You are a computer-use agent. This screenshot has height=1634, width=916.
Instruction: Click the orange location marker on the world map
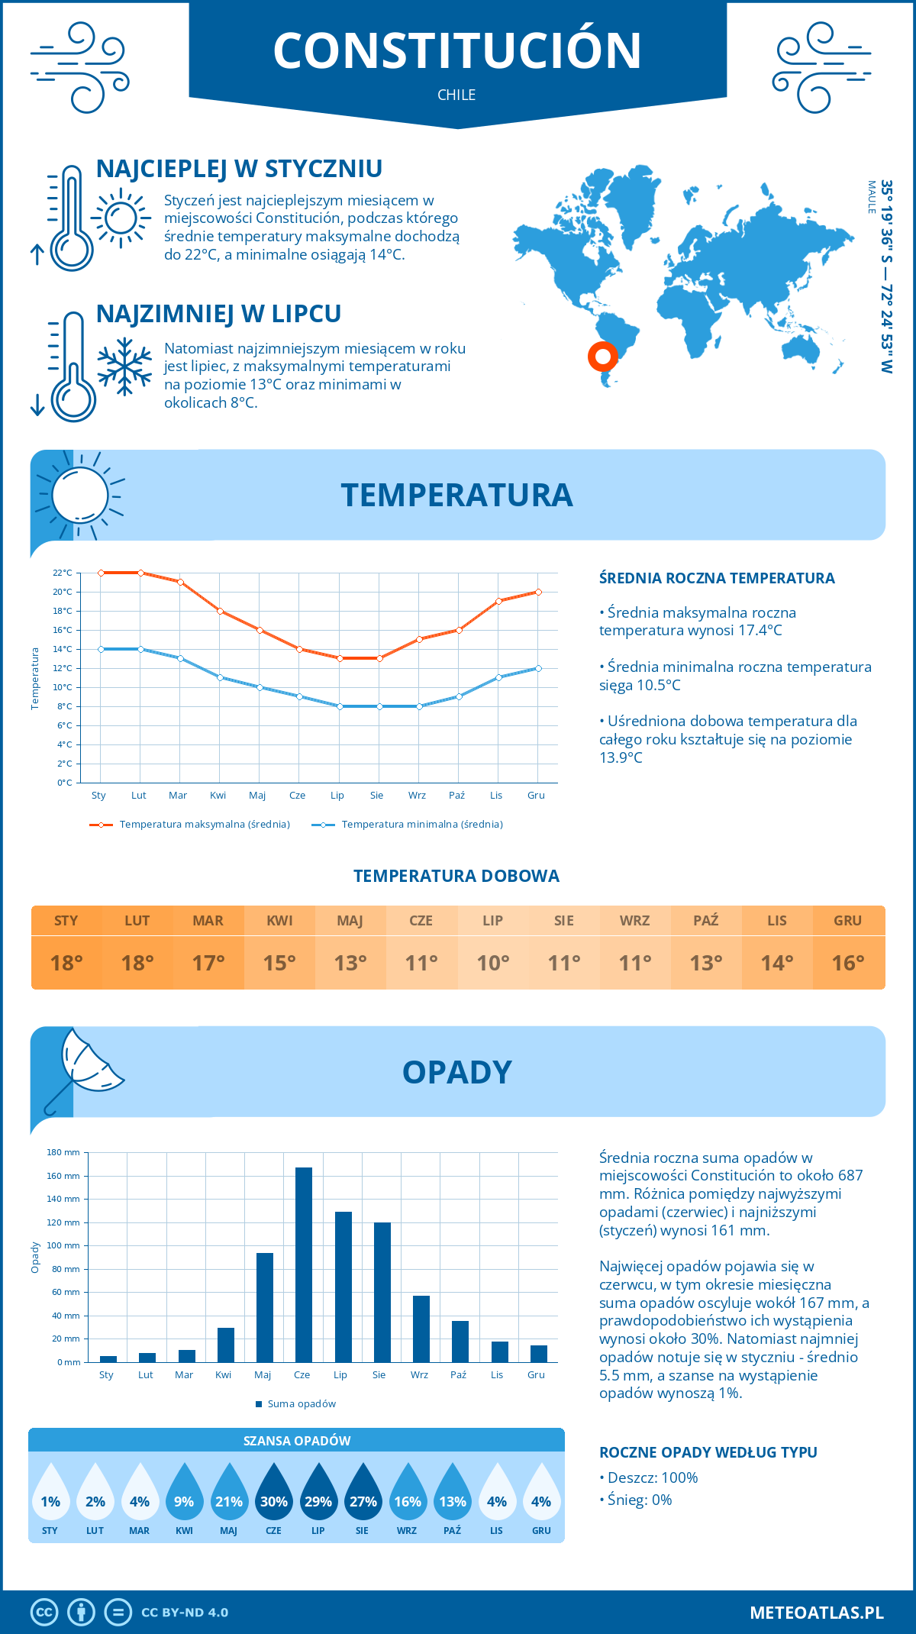tap(602, 356)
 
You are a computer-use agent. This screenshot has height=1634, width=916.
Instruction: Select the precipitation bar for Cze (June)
tap(304, 1264)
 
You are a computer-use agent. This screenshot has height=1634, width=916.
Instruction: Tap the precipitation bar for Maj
tap(264, 1307)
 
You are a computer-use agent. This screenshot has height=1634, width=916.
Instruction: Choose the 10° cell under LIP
tap(492, 963)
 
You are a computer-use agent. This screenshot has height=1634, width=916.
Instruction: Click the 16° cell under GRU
tap(848, 963)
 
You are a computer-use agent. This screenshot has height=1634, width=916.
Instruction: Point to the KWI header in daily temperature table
tap(279, 921)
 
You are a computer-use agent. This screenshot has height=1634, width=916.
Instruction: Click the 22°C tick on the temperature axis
tap(63, 573)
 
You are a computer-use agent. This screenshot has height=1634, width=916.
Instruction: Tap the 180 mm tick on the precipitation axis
tap(64, 1152)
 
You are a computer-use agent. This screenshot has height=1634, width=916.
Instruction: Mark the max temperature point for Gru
tap(538, 592)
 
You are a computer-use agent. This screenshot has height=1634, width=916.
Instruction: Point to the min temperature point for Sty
tap(101, 649)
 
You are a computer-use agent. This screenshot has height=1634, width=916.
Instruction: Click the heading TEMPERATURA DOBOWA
tap(456, 877)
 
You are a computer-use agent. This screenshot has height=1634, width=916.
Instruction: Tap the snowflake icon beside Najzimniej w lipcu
tap(124, 367)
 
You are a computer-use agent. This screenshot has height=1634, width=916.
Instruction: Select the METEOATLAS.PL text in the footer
tap(816, 1613)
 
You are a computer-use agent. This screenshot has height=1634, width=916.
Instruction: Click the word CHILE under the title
tap(456, 95)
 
